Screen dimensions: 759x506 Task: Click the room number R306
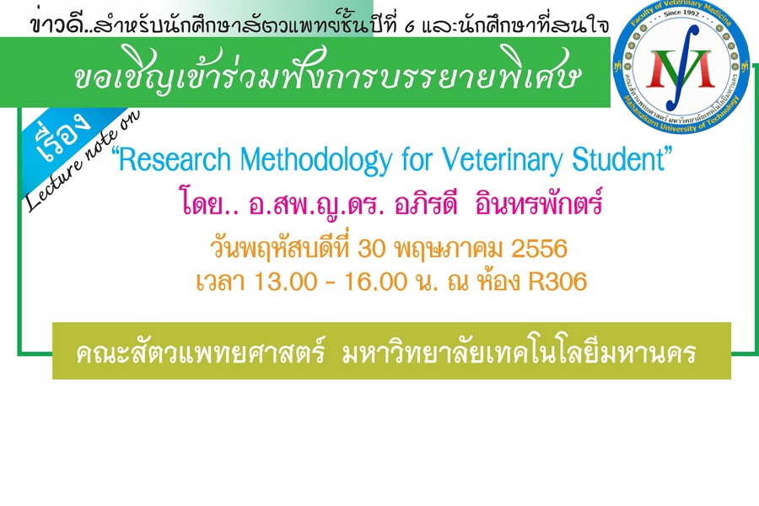point(557,282)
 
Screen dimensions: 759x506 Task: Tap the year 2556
point(539,249)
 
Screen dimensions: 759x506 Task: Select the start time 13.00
point(286,282)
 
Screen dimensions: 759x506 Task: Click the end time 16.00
point(375,282)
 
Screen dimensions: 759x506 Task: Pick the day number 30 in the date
point(371,249)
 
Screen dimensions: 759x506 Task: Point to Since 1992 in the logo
point(681,13)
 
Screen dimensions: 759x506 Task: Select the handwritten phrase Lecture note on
point(83,160)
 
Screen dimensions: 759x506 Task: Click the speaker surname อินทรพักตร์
point(539,203)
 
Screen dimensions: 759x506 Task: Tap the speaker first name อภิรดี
point(426,203)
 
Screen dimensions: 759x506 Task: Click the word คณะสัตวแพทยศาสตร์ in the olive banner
point(200,353)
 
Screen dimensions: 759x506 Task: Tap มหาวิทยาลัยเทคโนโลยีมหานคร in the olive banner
point(519,353)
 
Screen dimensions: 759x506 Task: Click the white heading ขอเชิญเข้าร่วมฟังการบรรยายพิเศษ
point(326,73)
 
